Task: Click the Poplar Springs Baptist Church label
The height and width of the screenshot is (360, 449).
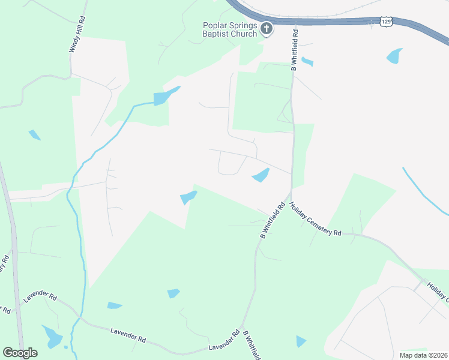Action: point(229,29)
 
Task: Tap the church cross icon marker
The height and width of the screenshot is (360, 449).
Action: point(267,28)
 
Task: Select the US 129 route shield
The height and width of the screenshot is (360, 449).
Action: point(387,22)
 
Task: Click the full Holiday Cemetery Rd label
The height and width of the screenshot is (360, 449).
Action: point(315,219)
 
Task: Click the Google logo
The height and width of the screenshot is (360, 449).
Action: point(20,352)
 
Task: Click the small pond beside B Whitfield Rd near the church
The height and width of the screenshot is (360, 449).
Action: point(307,61)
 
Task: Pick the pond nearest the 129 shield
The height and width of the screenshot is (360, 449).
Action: point(394,56)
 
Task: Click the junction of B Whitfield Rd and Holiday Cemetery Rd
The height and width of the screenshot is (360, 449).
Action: point(289,197)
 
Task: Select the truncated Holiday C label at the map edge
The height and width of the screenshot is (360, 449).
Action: point(438,291)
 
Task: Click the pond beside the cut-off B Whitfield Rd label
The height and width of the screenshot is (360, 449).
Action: point(301,341)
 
